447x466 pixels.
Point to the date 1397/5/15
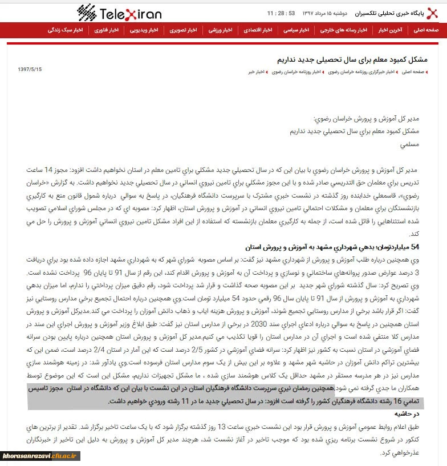(x=30, y=69)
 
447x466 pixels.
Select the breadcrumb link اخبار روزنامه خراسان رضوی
(x=296, y=73)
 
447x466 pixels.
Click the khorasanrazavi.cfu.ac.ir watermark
(x=40, y=456)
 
